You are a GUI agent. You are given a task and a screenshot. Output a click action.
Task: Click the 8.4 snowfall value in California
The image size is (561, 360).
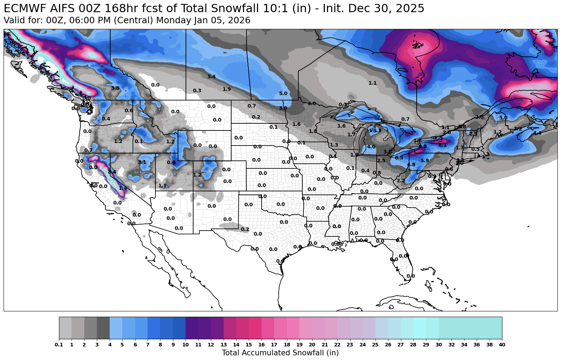[x=112, y=172]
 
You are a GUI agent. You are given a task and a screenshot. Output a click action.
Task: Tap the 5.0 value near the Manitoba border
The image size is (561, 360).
[x=283, y=94]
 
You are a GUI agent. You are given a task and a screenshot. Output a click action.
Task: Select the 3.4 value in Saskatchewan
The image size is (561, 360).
[x=211, y=77]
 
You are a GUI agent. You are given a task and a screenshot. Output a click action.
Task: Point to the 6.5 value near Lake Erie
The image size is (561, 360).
[x=399, y=158]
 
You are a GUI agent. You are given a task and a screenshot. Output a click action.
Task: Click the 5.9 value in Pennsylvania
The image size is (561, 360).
[x=425, y=161]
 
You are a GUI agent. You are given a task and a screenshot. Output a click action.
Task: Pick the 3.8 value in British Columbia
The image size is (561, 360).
[x=115, y=88]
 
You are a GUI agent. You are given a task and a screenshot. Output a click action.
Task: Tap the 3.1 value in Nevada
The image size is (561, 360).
[x=142, y=162]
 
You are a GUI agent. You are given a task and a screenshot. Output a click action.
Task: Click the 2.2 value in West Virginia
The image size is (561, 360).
[x=401, y=181]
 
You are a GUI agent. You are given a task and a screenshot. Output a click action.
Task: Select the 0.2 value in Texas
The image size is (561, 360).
[x=245, y=230]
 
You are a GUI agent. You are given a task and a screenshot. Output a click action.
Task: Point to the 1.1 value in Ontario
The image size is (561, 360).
[x=372, y=83]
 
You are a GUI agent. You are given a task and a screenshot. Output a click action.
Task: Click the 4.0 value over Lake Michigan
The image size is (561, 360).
[x=371, y=147]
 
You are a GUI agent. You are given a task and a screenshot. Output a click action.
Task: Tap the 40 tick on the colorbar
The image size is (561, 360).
[x=502, y=345]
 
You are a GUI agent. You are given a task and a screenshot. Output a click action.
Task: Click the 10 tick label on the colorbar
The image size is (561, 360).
[x=185, y=345]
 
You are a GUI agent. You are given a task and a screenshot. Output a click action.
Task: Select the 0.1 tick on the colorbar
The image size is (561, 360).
[x=59, y=345]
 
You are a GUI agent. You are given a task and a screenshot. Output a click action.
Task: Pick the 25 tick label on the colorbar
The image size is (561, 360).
[x=375, y=345]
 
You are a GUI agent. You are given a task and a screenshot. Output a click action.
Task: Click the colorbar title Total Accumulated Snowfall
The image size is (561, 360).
[x=280, y=353]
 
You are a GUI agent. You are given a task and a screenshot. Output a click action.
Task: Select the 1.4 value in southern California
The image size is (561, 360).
[x=122, y=188]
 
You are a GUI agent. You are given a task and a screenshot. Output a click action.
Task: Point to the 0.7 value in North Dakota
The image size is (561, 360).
[x=252, y=106]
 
